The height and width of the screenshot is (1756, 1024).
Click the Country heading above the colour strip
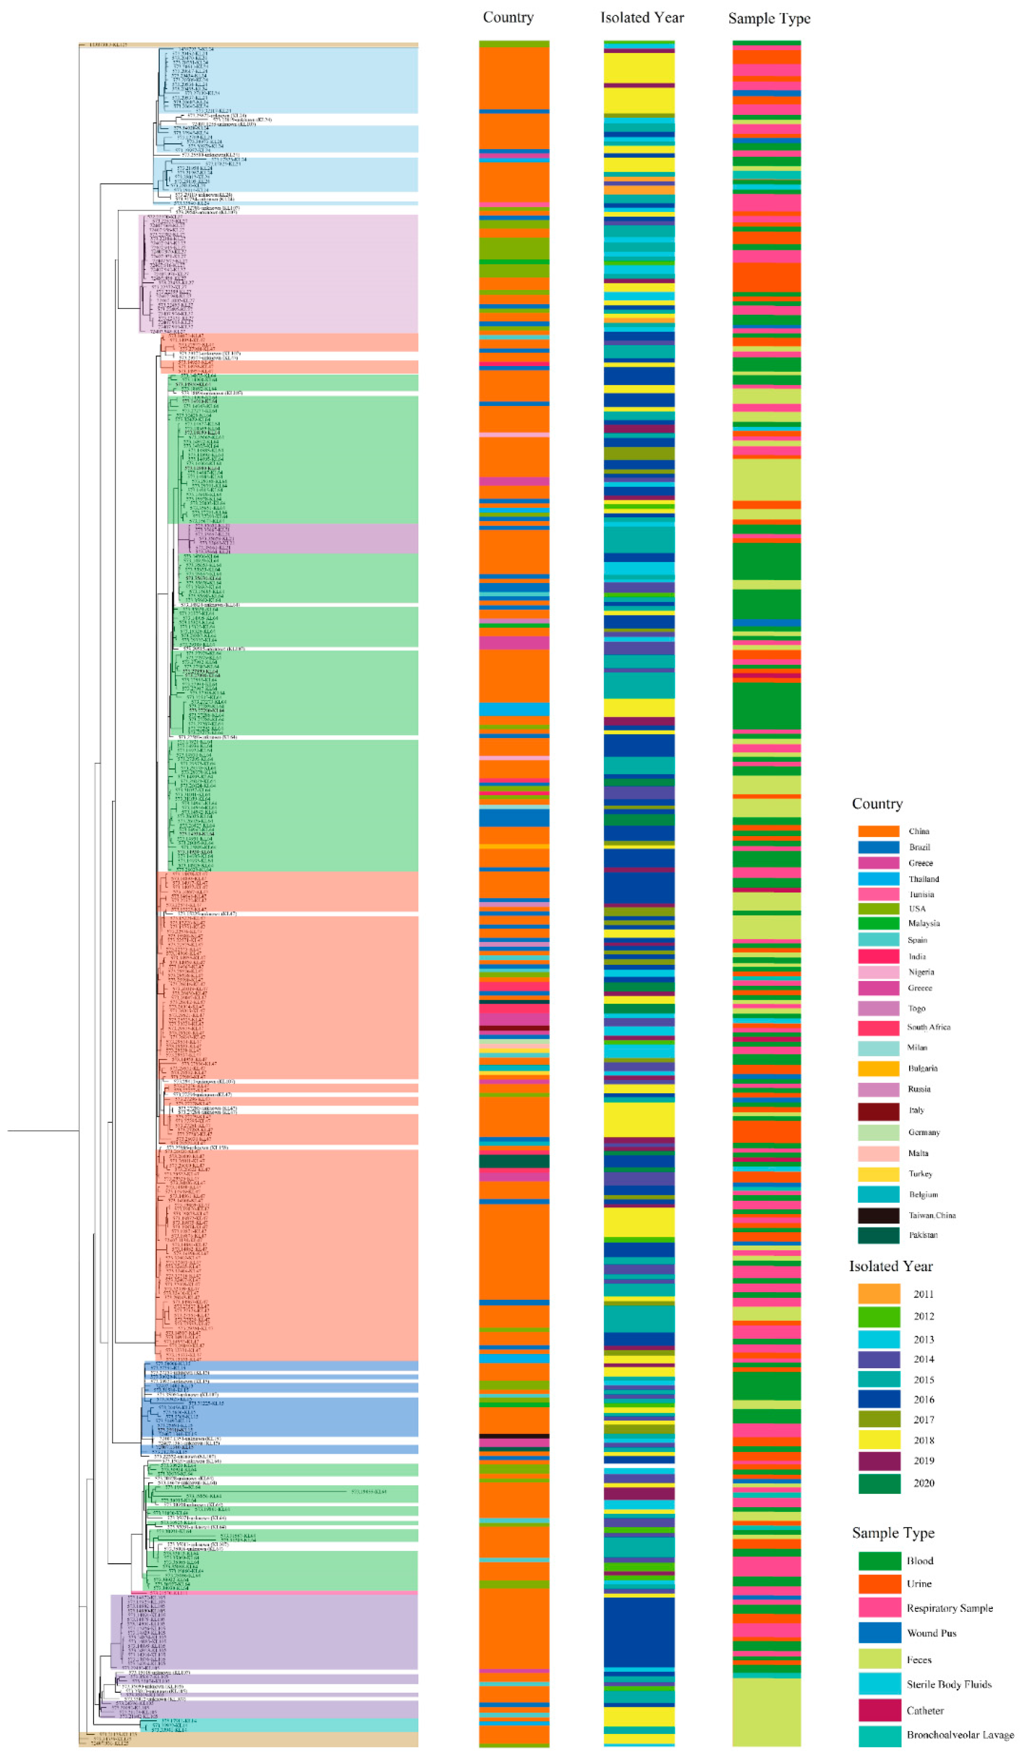[508, 18]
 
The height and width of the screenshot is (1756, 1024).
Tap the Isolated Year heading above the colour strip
[642, 18]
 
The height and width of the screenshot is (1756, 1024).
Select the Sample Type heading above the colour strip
[769, 18]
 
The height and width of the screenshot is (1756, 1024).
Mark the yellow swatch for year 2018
[878, 1440]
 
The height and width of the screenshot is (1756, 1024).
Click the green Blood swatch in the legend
[878, 1561]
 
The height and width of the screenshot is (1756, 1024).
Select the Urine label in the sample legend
[918, 1584]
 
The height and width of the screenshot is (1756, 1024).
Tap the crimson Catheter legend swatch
[878, 1710]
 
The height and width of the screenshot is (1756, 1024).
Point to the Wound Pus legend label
[931, 1633]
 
